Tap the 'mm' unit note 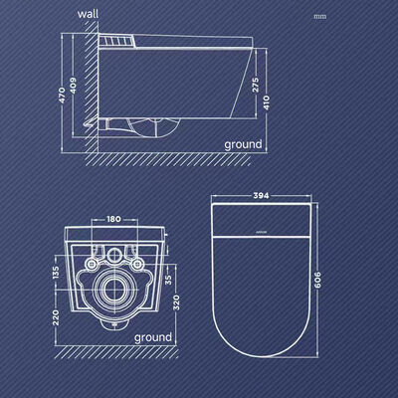(318, 17)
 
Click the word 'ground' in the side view (242, 144)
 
